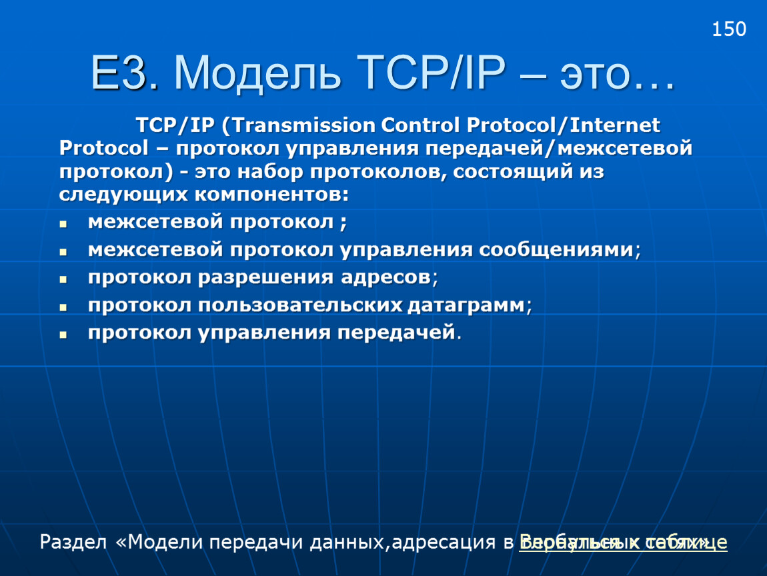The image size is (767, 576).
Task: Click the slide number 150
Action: (x=728, y=29)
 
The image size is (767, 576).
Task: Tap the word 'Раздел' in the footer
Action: (x=73, y=542)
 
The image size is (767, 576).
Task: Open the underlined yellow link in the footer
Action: (x=623, y=542)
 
